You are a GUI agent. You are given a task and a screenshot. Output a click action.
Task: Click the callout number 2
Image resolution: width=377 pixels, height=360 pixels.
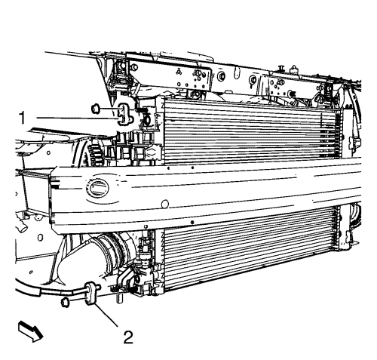pos(129,335)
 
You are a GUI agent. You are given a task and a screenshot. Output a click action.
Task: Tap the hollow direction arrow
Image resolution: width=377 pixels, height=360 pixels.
pos(25,331)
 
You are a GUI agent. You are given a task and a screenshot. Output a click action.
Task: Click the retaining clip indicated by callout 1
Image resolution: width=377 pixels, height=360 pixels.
pos(123,113)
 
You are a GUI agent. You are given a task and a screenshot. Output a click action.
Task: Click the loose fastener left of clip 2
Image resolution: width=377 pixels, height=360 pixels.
pos(65,303)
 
